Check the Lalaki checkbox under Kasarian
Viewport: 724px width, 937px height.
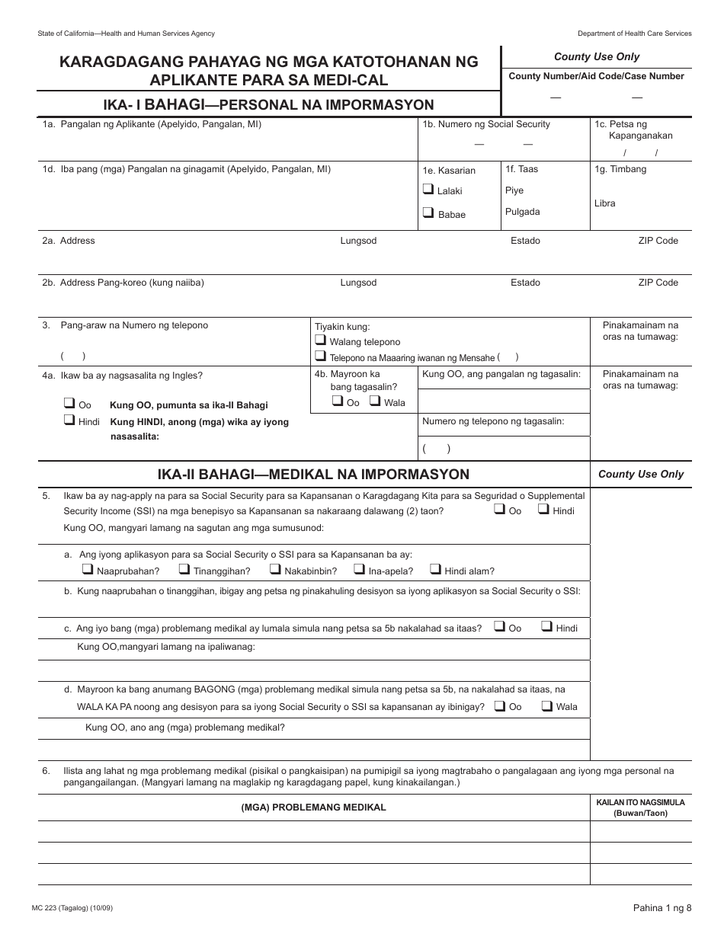pos(428,190)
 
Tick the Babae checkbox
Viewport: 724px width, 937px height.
pos(428,213)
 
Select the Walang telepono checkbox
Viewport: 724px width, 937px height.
pos(321,341)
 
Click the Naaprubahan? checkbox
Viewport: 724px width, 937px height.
pos(88,569)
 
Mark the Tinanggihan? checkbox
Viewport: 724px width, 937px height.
pos(184,569)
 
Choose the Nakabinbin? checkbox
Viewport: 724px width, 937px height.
pos(275,569)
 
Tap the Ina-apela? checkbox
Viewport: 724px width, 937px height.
pos(359,569)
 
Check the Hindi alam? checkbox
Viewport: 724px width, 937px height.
pos(435,569)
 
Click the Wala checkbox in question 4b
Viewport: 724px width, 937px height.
pos(375,401)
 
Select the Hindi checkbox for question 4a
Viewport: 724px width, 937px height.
pos(69,421)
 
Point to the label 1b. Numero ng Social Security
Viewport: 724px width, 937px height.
pos(486,124)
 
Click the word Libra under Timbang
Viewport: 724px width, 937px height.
pos(604,203)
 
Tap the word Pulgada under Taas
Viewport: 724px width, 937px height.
pos(522,212)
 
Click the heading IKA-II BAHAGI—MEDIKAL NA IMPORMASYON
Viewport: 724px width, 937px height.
pos(313,475)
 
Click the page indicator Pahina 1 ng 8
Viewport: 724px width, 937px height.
pos(662,907)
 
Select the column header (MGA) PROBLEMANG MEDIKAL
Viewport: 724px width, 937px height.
pos(313,807)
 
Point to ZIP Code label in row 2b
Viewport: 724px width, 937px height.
pos(658,283)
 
